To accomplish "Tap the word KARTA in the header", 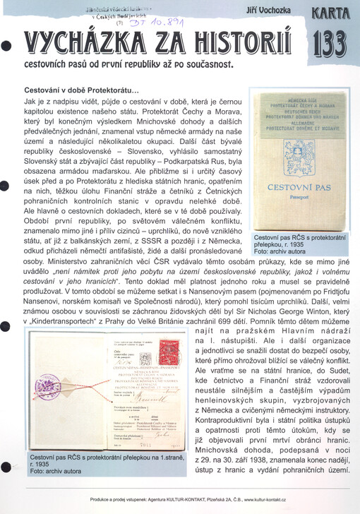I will [329, 13].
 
